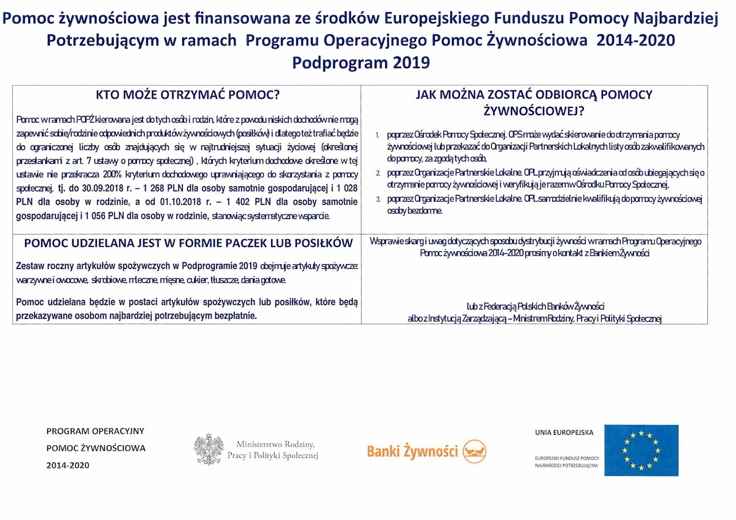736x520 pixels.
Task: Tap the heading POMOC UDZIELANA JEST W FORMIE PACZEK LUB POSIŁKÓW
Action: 188,243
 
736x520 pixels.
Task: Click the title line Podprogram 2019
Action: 361,63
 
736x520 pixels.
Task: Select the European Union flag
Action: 641,450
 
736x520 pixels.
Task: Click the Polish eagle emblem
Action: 208,449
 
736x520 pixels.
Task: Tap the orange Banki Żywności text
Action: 412,452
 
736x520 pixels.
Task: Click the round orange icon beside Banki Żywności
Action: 474,451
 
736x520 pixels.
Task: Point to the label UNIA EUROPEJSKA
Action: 564,432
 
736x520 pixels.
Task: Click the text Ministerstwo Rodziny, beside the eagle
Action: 275,444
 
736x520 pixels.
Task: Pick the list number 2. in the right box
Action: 378,174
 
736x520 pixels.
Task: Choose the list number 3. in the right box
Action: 378,200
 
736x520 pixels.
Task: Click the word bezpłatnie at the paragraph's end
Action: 234,315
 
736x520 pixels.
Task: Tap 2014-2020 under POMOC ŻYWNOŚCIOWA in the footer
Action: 67,465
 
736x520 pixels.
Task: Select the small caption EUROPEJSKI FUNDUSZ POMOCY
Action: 567,458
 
